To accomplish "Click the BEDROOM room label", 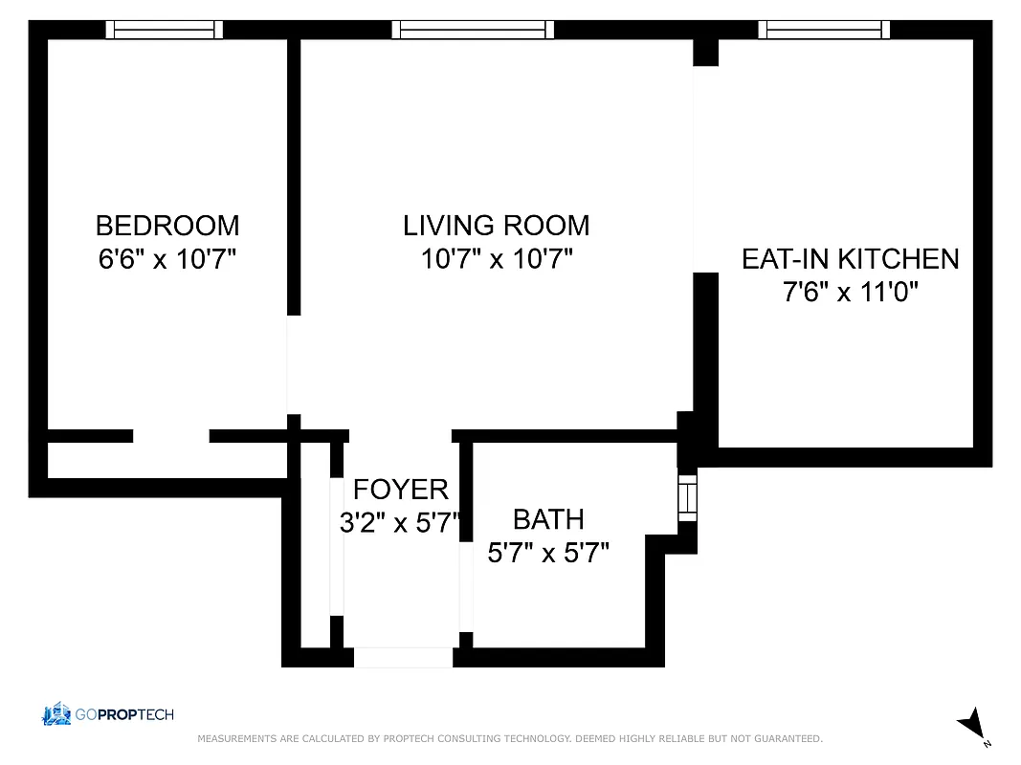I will [167, 226].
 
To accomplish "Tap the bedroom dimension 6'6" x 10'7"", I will [167, 259].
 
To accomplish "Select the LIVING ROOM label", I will [496, 226].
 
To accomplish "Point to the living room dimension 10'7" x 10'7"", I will [496, 259].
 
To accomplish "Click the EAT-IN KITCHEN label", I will [850, 258].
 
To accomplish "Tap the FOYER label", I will [400, 490].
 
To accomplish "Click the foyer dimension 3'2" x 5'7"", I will [400, 523].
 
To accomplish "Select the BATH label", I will [548, 519].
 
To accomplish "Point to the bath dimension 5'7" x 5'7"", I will [548, 553].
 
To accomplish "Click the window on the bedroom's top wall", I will [164, 30].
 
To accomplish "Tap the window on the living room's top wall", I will [473, 30].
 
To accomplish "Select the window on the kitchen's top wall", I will [824, 30].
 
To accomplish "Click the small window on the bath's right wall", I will [687, 497].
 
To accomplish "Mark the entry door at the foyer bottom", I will [403, 658].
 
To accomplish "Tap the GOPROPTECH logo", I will [107, 714].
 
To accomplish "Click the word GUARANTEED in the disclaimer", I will [790, 739].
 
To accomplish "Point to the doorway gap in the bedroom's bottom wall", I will [170, 436].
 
